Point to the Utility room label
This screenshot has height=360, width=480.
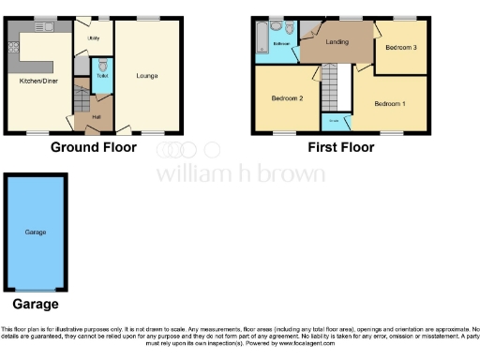[94, 38]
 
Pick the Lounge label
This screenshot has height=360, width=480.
[146, 75]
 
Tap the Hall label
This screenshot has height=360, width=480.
[96, 116]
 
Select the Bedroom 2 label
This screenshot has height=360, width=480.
[287, 98]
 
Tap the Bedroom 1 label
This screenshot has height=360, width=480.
[389, 102]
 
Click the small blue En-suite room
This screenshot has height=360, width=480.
[332, 121]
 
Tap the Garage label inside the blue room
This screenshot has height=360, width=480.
[36, 232]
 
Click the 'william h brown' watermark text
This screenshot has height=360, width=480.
[240, 174]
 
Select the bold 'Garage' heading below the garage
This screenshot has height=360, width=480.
[35, 304]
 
